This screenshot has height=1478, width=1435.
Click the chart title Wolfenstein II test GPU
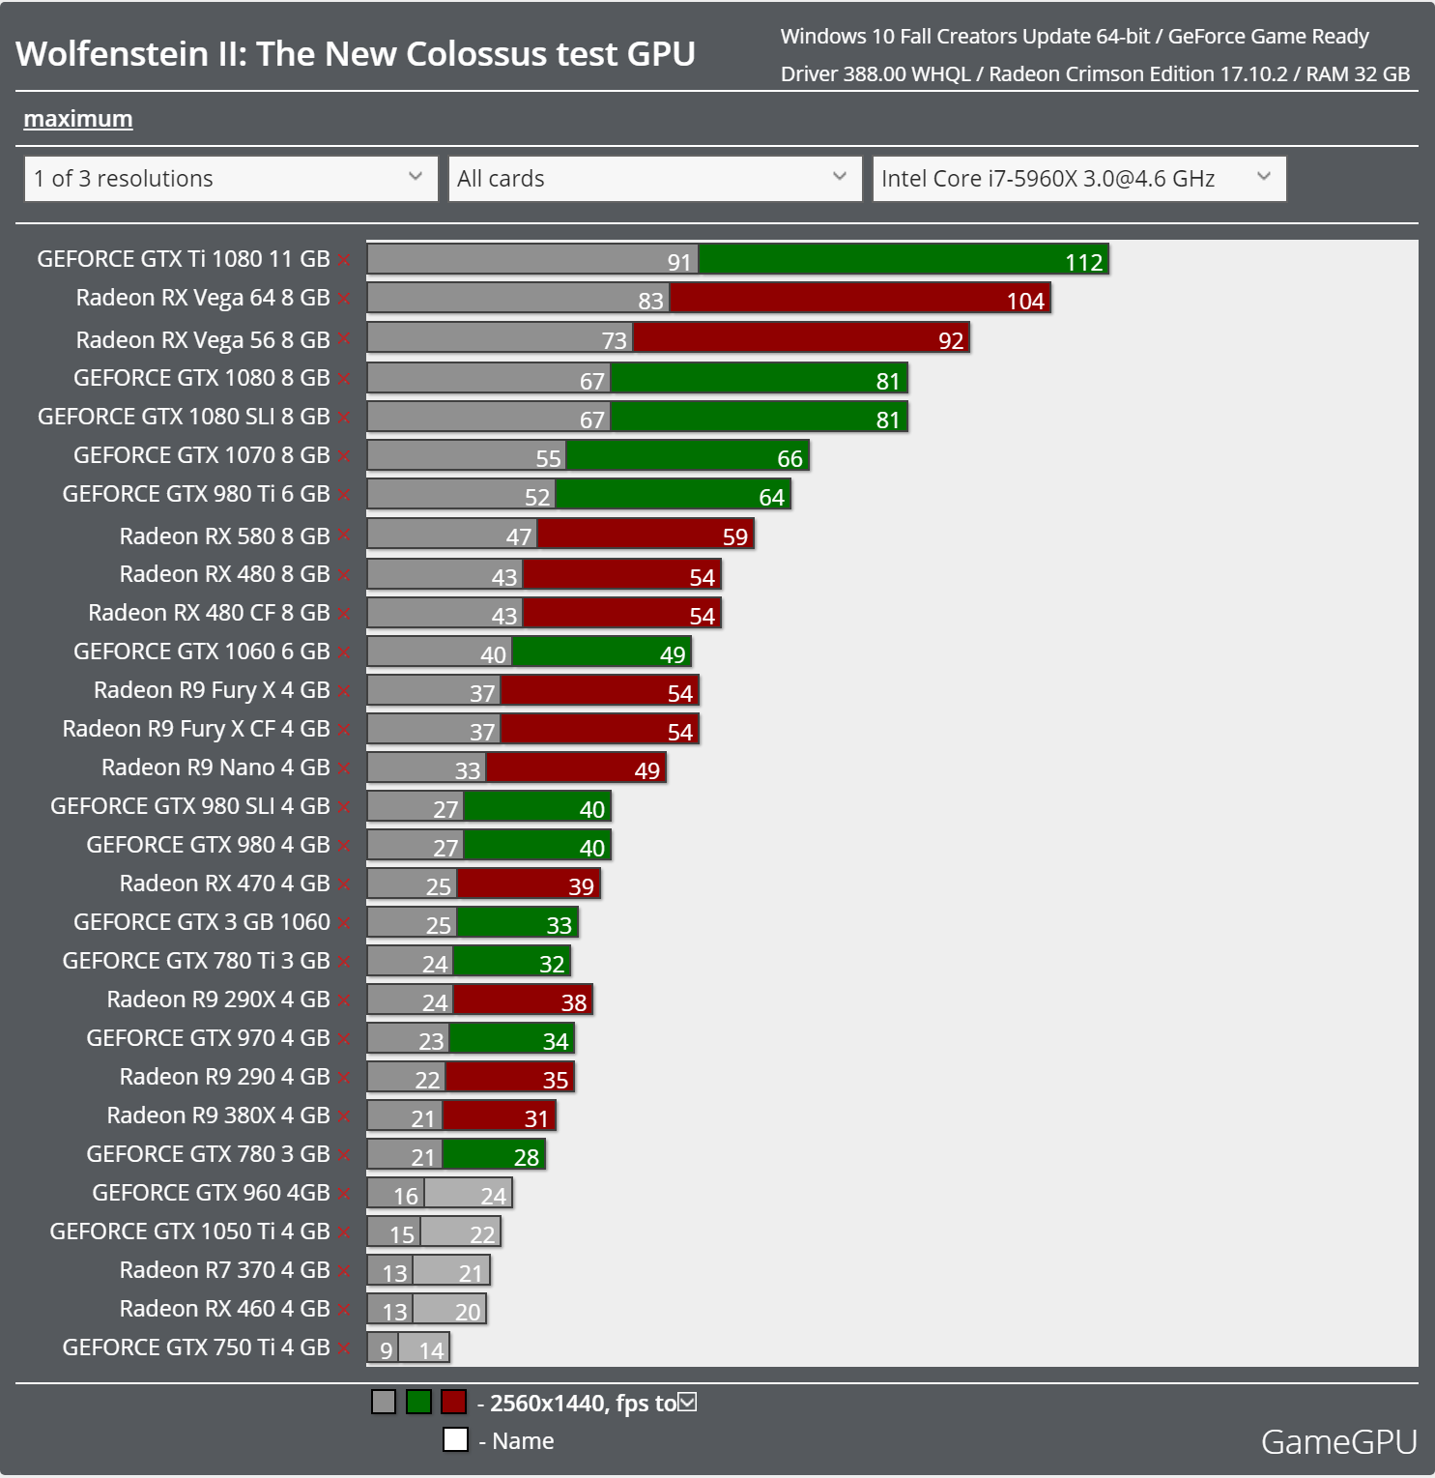click(356, 54)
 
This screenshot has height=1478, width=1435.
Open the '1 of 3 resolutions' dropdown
click(231, 179)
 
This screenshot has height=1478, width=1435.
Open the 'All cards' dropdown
click(654, 179)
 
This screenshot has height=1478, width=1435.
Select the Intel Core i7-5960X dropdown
click(1078, 179)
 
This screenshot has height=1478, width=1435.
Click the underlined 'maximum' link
click(78, 119)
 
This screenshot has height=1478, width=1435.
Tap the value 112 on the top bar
click(1083, 262)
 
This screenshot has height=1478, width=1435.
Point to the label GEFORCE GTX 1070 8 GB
click(201, 455)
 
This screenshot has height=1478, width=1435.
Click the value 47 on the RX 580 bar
click(519, 536)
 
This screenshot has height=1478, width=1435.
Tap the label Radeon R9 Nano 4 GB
click(215, 768)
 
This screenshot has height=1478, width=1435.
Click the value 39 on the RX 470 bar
click(581, 886)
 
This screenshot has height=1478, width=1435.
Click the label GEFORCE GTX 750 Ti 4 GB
click(196, 1348)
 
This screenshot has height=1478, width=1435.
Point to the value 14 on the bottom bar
click(431, 1350)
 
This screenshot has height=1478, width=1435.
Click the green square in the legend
click(418, 1402)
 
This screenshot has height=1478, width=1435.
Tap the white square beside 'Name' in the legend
click(455, 1440)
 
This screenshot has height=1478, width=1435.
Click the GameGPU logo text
click(1338, 1442)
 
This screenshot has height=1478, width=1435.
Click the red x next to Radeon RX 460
click(344, 1311)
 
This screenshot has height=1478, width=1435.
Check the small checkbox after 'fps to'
click(687, 1402)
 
